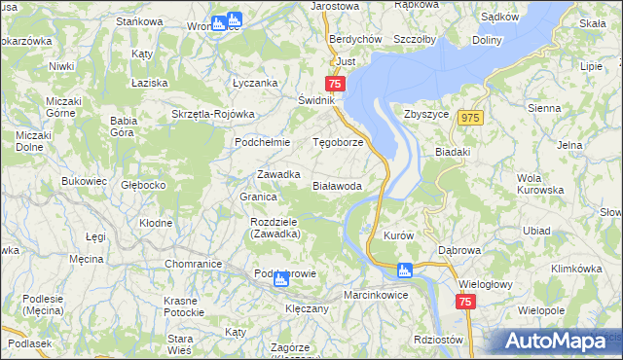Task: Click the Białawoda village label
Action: tap(338, 185)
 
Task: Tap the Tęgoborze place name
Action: tap(338, 142)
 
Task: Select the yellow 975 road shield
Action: tap(471, 117)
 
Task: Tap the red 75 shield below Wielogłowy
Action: tap(464, 303)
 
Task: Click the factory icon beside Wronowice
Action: tap(235, 18)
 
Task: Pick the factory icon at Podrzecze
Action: tap(280, 280)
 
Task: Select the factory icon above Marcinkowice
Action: tap(405, 270)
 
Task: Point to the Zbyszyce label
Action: tap(424, 113)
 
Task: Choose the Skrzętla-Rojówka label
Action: tap(212, 114)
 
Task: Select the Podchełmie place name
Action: tap(259, 142)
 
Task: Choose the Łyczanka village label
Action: tap(255, 84)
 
